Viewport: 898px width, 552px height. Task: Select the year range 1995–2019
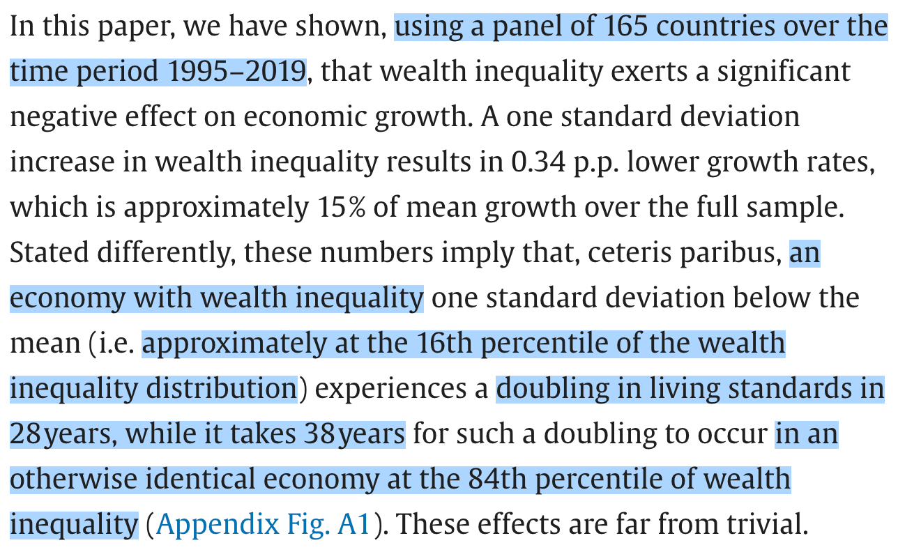click(236, 72)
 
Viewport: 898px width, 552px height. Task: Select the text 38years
click(354, 434)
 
